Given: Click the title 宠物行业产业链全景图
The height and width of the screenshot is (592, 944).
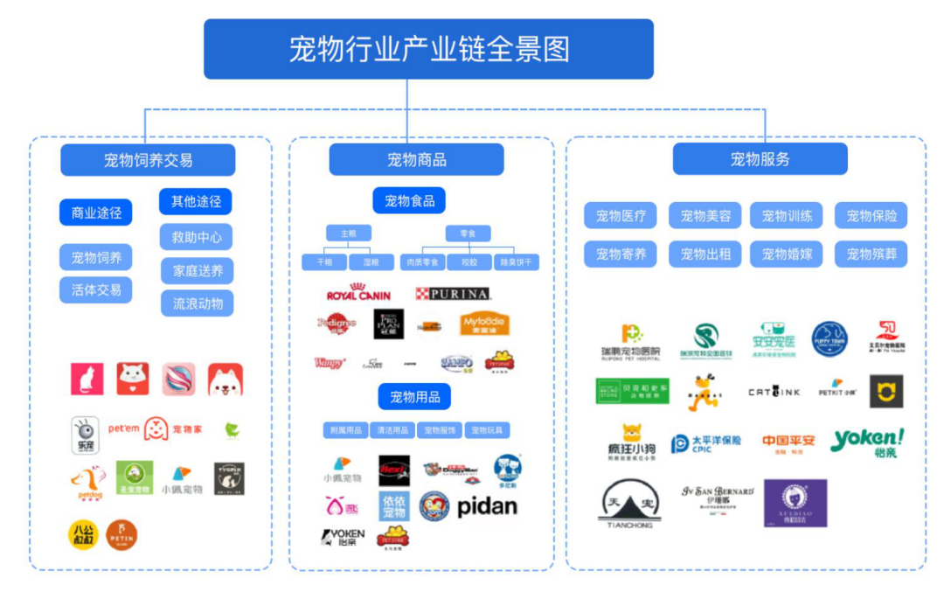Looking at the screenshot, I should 428,49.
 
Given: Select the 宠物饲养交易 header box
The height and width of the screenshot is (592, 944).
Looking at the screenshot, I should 148,160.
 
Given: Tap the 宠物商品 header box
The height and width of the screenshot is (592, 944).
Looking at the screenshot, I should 416,160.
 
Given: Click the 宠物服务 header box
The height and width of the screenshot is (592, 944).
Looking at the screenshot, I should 760,159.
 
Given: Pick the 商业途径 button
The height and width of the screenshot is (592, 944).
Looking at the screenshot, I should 96,212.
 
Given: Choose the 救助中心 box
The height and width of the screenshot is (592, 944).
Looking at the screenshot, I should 196,237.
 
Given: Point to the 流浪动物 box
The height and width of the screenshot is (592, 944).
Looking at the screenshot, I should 197,303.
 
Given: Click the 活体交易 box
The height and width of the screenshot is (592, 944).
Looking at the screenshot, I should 96,290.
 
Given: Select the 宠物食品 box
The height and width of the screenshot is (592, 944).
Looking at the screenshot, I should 409,200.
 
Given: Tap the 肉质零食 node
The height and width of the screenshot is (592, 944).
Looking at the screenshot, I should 421,262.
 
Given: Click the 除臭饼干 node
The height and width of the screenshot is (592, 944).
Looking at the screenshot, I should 516,262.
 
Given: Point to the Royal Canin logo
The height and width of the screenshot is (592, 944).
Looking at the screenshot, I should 358,293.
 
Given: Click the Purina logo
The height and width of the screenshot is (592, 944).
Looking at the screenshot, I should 452,294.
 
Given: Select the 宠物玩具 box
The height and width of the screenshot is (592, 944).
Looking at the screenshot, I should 487,430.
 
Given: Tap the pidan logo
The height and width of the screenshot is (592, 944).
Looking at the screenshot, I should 487,506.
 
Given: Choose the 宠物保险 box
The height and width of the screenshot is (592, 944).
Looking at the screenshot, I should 871,216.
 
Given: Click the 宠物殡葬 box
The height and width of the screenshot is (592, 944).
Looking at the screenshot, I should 871,254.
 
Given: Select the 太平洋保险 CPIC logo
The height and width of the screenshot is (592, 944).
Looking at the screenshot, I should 705,443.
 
